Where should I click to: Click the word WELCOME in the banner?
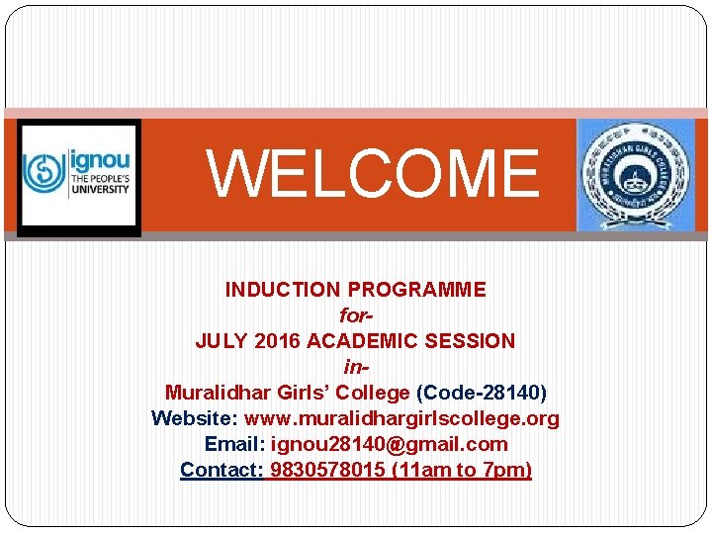click(373, 173)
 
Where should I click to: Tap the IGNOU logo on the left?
click(79, 176)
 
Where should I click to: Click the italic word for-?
click(355, 315)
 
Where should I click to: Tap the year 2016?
click(278, 341)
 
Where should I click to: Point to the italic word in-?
click(355, 367)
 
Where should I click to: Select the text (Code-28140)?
click(482, 393)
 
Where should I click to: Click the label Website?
click(195, 418)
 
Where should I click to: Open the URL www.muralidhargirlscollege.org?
click(401, 418)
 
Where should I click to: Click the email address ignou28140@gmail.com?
click(389, 444)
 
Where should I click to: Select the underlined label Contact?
click(222, 470)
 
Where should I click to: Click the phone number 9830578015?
click(327, 470)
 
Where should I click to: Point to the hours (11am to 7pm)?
click(462, 470)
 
